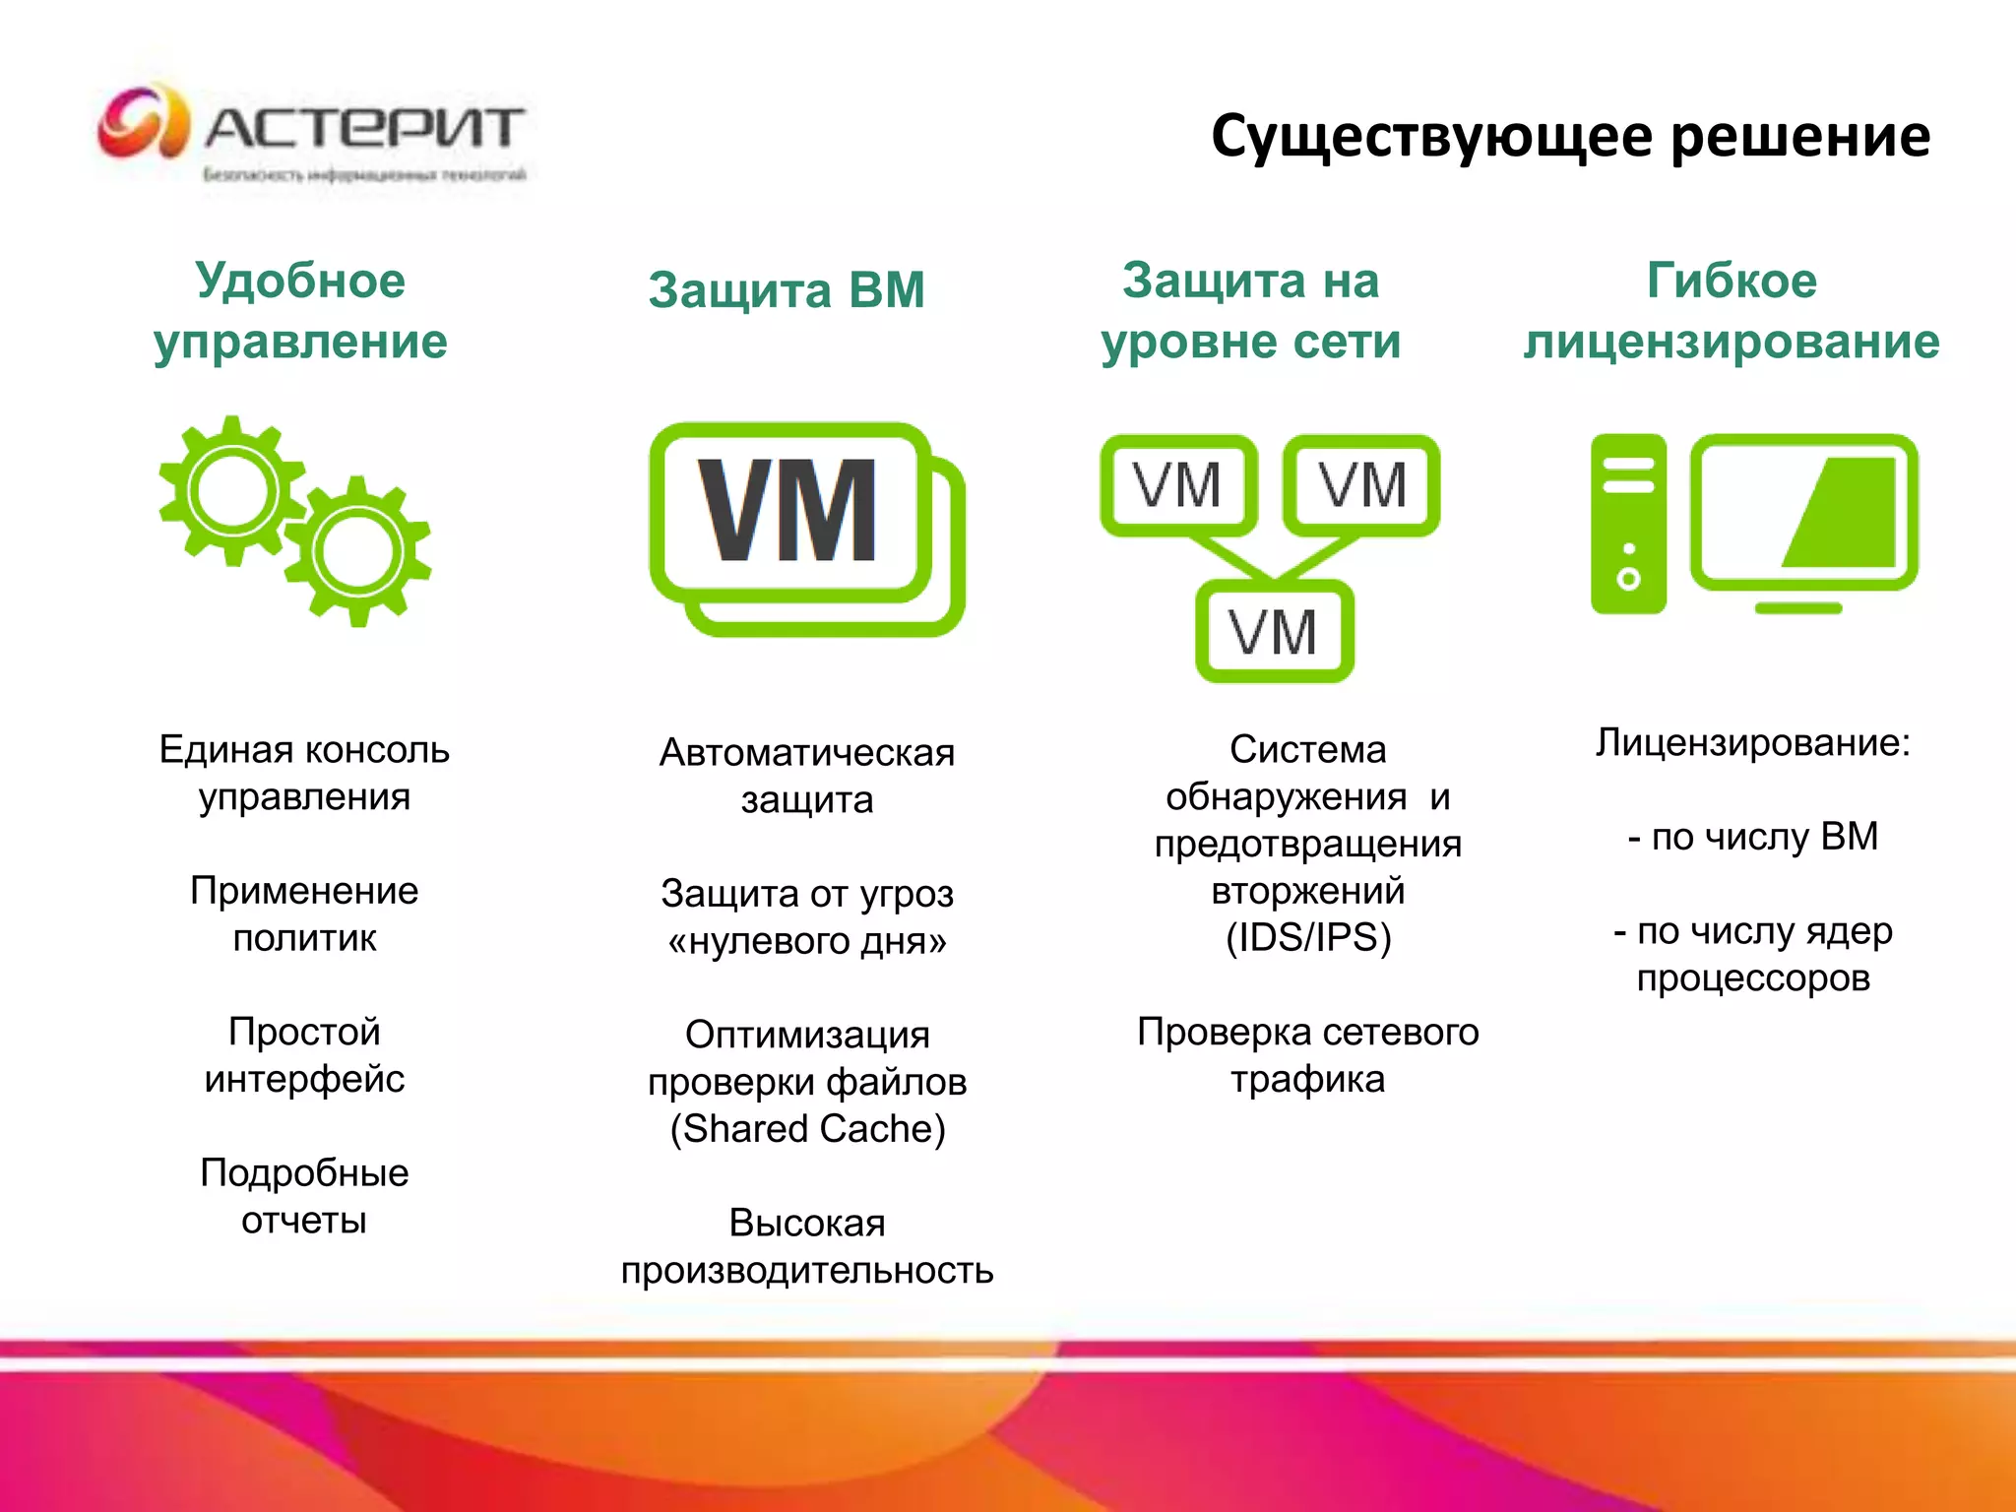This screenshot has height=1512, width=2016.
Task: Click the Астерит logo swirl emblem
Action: coord(143,123)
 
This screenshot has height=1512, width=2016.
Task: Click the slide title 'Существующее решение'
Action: coord(1570,136)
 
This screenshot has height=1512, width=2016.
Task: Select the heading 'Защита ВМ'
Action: coord(787,290)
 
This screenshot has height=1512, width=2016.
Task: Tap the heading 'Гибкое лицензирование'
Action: coord(1732,311)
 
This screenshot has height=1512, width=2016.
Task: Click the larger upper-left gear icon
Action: coord(232,490)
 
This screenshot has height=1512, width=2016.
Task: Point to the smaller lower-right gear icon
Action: coord(357,552)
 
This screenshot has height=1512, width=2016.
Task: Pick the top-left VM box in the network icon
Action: coord(1177,485)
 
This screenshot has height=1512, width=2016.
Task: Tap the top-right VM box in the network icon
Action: coord(1362,485)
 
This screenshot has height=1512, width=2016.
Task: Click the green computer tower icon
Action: coord(1628,524)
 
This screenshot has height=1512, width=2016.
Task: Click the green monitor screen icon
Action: coord(1804,514)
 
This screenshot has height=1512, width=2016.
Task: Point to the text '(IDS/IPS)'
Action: coord(1308,938)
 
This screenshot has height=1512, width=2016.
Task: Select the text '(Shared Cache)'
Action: coord(807,1129)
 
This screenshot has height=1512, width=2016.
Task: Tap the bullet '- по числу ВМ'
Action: coord(1753,837)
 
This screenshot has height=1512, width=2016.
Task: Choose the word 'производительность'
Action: coord(807,1271)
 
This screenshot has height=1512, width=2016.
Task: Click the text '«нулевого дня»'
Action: coord(807,942)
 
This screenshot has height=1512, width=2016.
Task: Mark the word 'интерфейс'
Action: coord(304,1080)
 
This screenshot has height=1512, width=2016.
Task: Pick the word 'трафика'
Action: coord(1307,1080)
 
